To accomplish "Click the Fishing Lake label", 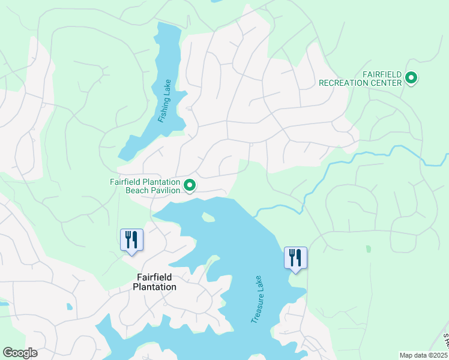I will coord(165,101).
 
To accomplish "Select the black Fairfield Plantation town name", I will coord(154,282).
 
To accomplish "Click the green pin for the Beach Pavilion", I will coord(190,185).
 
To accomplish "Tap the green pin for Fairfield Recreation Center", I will coord(411,77).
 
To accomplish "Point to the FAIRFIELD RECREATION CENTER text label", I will coord(360,78).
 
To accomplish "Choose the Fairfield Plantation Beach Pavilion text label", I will coord(145,186).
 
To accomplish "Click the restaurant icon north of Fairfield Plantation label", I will coord(130,240).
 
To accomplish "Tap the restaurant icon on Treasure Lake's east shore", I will coord(295,258).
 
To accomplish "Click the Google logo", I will coord(20,353).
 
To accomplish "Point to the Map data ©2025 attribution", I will coord(423,355).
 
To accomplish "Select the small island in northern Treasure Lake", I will coord(208,217).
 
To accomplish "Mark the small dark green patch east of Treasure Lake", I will coord(368,248).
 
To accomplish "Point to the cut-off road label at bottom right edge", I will coord(445,342).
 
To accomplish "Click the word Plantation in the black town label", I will coord(154,287).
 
